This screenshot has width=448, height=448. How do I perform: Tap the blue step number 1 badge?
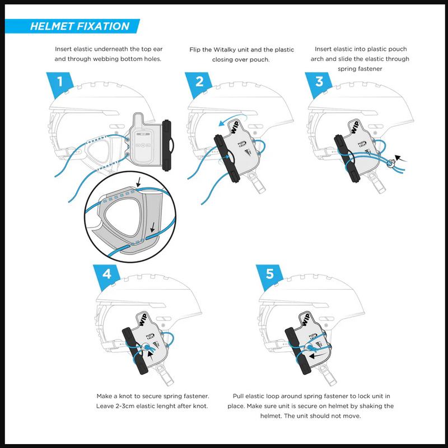pyautogui.click(x=66, y=82)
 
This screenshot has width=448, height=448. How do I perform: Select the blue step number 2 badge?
pyautogui.click(x=199, y=82)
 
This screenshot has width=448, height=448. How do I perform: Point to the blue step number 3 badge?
pyautogui.click(x=319, y=82)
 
